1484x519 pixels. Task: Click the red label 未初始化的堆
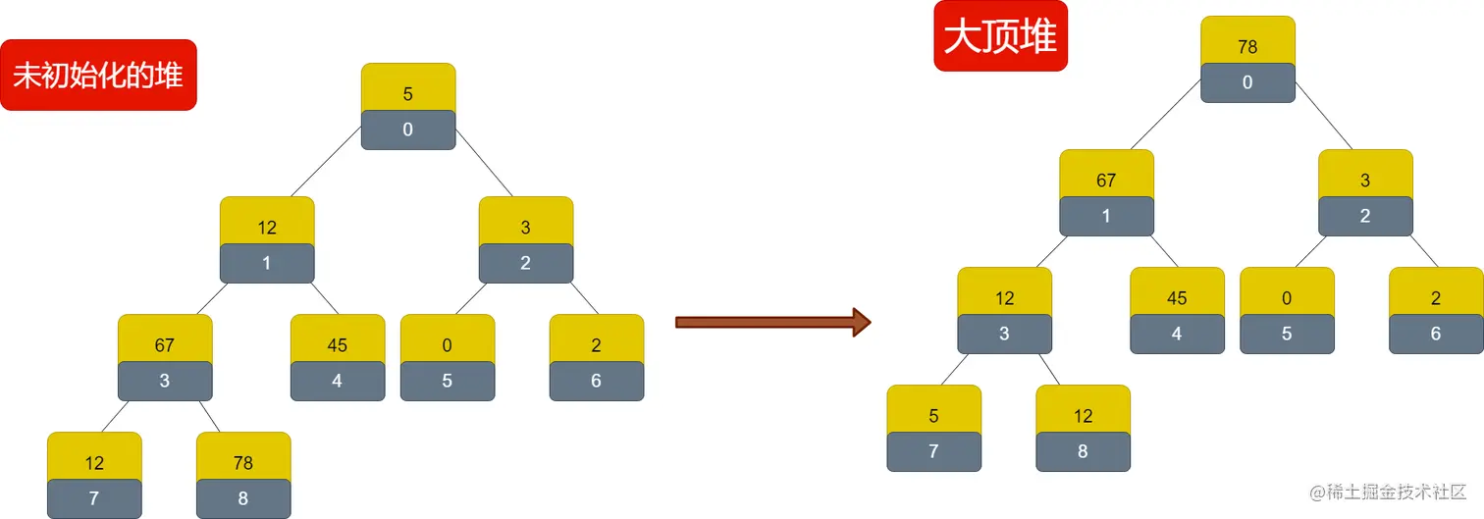(x=98, y=76)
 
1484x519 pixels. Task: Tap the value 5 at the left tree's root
(x=408, y=94)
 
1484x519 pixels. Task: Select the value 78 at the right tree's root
(x=1247, y=47)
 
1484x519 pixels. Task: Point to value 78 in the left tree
(x=243, y=463)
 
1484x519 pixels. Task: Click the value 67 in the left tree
(x=165, y=345)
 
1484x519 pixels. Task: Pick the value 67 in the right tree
(x=1106, y=181)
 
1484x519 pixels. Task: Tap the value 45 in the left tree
(x=338, y=345)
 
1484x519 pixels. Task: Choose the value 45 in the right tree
(x=1177, y=298)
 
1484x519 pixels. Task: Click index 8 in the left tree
(x=243, y=498)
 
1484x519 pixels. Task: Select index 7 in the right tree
(x=933, y=451)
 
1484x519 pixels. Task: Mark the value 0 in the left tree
(x=448, y=345)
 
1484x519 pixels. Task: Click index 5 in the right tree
(x=1287, y=334)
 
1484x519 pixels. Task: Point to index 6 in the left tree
(x=597, y=381)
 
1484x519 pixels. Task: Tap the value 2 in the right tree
(x=1436, y=298)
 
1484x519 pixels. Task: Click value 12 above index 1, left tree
(x=267, y=228)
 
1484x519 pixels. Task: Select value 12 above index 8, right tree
(x=1083, y=416)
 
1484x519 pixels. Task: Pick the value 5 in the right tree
(x=933, y=416)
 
